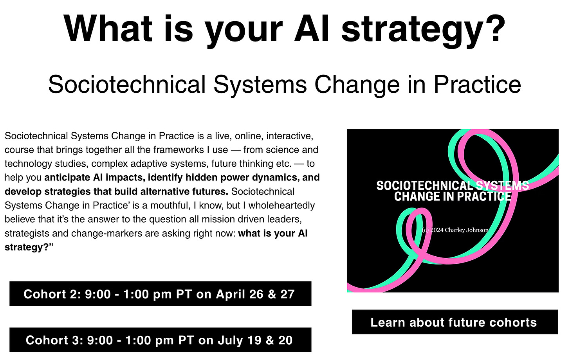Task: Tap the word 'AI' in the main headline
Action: pyautogui.click(x=311, y=29)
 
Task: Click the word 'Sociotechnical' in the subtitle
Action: pyautogui.click(x=127, y=84)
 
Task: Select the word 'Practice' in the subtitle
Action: pyautogui.click(x=477, y=84)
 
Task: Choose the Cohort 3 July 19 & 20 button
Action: pyautogui.click(x=161, y=340)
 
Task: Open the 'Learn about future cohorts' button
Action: pyautogui.click(x=455, y=322)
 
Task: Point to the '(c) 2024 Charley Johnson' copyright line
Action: pyautogui.click(x=455, y=230)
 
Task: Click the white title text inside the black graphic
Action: pyautogui.click(x=453, y=191)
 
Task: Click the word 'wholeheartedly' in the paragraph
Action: pyautogui.click(x=282, y=205)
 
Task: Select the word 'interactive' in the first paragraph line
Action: pyautogui.click(x=290, y=136)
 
